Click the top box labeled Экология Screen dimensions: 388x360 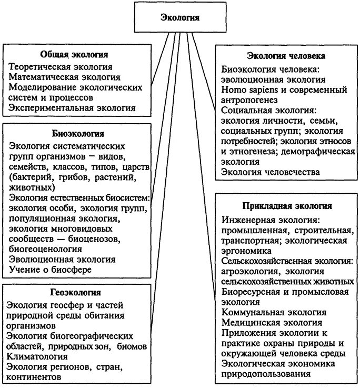(179, 17)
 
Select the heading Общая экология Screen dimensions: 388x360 (74, 55)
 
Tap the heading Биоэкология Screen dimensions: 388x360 (78, 133)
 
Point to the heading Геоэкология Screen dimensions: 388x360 (76, 292)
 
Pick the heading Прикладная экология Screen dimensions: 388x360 (287, 206)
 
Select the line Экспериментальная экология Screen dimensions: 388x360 (73, 108)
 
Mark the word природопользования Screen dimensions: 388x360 (266, 374)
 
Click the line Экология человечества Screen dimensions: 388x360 (270, 172)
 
